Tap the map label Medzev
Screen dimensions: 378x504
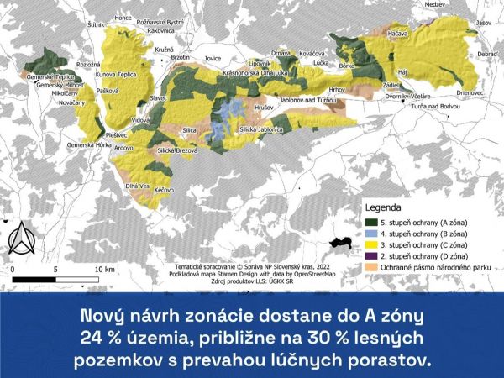click(x=434, y=5)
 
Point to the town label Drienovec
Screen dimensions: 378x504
click(x=471, y=93)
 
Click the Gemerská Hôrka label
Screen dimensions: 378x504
click(x=90, y=145)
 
